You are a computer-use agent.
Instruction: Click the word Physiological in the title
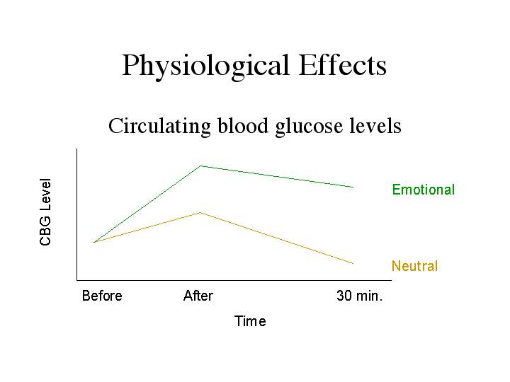pyautogui.click(x=205, y=66)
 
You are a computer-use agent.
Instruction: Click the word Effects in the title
pyautogui.click(x=343, y=65)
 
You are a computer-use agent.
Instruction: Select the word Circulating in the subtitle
pyautogui.click(x=159, y=127)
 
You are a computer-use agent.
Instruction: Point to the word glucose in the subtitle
pyautogui.click(x=309, y=127)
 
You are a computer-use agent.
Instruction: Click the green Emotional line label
pyautogui.click(x=423, y=190)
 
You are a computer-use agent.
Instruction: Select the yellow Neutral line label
pyautogui.click(x=414, y=266)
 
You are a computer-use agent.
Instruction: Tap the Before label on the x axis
pyautogui.click(x=102, y=296)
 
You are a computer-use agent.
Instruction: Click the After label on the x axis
pyautogui.click(x=198, y=296)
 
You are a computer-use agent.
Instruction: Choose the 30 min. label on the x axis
pyautogui.click(x=359, y=296)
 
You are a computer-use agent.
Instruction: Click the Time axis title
pyautogui.click(x=250, y=321)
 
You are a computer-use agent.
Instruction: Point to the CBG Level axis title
pyautogui.click(x=45, y=212)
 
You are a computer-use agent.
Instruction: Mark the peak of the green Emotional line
pyautogui.click(x=200, y=166)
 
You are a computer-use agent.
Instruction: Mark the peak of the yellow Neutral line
pyautogui.click(x=200, y=212)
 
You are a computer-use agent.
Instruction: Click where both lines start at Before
pyautogui.click(x=94, y=243)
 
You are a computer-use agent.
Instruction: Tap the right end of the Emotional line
pyautogui.click(x=353, y=187)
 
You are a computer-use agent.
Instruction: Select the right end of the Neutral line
pyautogui.click(x=353, y=263)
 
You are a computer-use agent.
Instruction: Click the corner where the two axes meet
pyautogui.click(x=76, y=280)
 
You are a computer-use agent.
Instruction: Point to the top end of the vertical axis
pyautogui.click(x=76, y=149)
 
